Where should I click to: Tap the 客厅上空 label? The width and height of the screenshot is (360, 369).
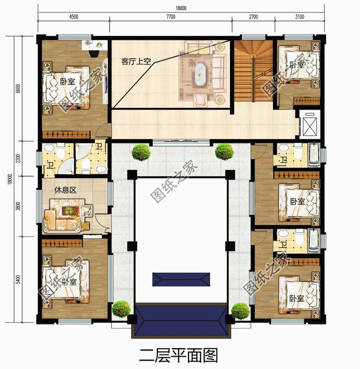[136, 61]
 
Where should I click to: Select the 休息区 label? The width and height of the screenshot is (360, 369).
[65, 190]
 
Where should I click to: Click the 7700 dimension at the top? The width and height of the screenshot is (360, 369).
[170, 17]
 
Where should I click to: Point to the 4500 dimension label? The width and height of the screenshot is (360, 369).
[73, 17]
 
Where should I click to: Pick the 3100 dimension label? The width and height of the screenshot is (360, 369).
[299, 17]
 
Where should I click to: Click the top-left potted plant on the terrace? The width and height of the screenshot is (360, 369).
[141, 151]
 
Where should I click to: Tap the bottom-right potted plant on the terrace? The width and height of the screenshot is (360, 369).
[240, 310]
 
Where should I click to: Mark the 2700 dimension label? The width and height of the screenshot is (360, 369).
[253, 17]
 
